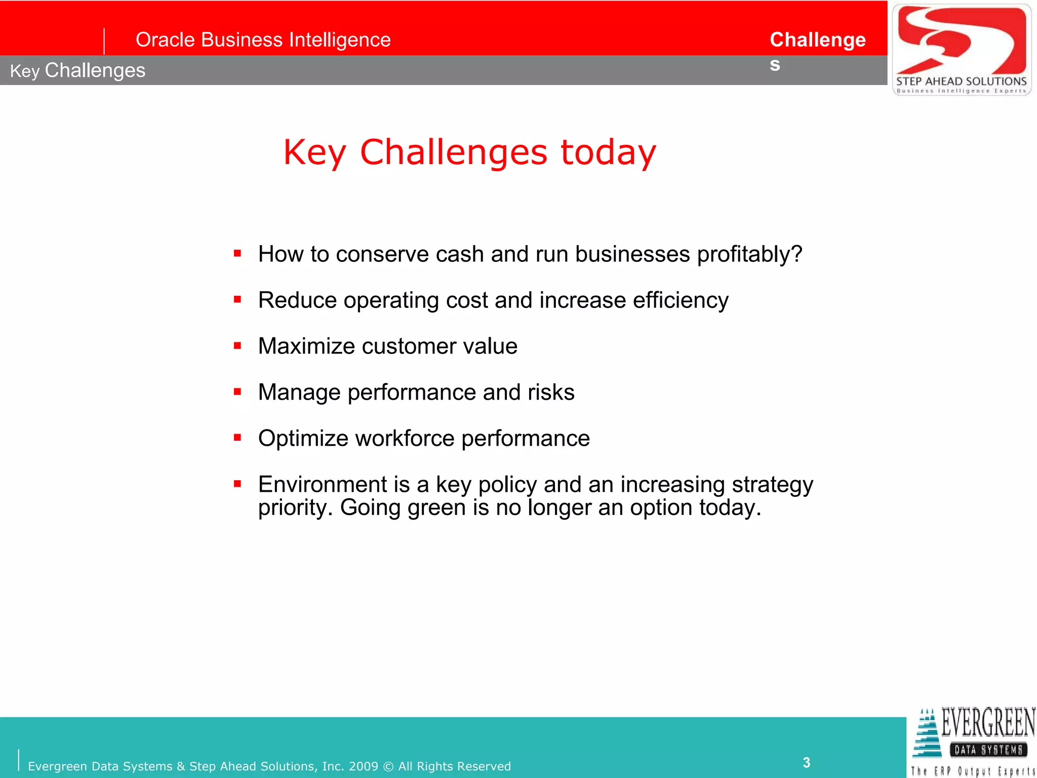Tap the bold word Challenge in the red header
pyautogui.click(x=817, y=40)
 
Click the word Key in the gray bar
pyautogui.click(x=24, y=71)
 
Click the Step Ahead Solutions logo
pyautogui.click(x=961, y=50)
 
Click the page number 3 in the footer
pyautogui.click(x=806, y=762)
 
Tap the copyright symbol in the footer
pyautogui.click(x=388, y=766)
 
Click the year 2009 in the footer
pyautogui.click(x=363, y=766)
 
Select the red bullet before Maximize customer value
pyautogui.click(x=237, y=345)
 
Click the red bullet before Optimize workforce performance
pyautogui.click(x=237, y=438)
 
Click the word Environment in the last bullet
pyautogui.click(x=323, y=485)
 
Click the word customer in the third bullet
pyautogui.click(x=409, y=346)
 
